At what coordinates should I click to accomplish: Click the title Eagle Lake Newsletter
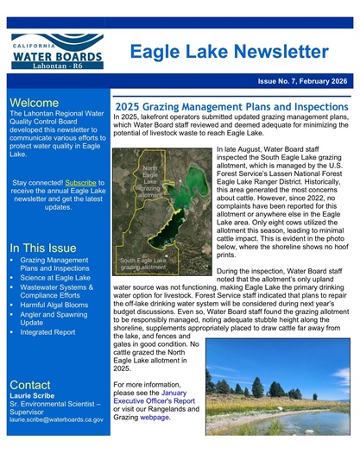point(229,52)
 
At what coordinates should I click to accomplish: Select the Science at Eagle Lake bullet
point(55,278)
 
